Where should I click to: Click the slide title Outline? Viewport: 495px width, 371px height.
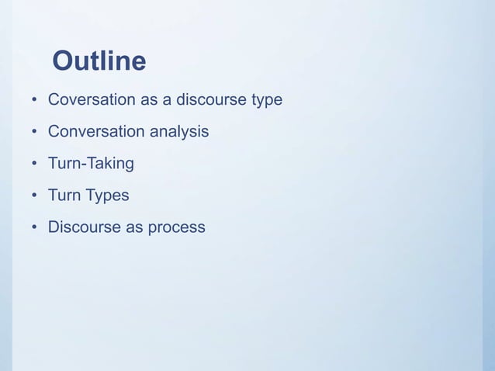tap(99, 61)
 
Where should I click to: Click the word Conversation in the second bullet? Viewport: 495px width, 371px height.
tap(95, 132)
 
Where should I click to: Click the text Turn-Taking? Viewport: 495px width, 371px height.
tap(91, 164)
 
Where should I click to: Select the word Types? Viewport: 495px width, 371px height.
tap(107, 196)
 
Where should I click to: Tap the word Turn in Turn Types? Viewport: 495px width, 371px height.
tap(64, 196)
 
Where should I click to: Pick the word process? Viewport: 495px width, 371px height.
tap(176, 228)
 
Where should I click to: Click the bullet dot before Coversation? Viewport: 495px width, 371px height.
tap(35, 101)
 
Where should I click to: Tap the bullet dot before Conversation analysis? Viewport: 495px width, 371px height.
tap(35, 133)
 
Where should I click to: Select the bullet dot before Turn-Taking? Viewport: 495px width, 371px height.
tap(35, 165)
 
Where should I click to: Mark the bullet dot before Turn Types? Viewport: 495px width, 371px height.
tap(35, 196)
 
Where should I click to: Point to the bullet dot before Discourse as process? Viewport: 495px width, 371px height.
tap(35, 228)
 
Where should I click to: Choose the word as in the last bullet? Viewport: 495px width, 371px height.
tap(129, 228)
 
